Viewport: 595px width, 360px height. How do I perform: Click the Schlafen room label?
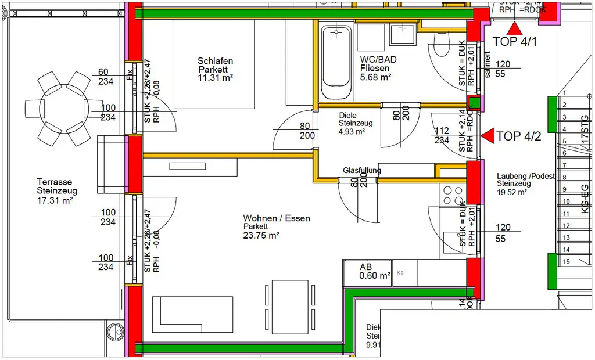tap(215, 61)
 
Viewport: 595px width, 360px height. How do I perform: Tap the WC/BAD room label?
tap(375, 60)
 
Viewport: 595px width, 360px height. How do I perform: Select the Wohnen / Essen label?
tap(277, 218)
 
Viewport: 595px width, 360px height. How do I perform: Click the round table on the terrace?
tap(57, 109)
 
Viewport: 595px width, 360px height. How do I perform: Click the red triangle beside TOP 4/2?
tap(487, 136)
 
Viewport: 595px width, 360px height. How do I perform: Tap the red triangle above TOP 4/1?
tap(514, 30)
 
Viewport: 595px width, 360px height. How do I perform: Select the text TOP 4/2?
tap(519, 136)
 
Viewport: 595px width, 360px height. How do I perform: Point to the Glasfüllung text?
tap(361, 171)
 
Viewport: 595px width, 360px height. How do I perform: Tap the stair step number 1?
tap(563, 93)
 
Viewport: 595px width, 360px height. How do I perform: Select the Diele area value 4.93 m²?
tap(352, 132)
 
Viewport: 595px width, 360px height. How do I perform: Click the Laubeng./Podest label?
tap(526, 176)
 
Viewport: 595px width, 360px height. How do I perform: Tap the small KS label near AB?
tap(400, 272)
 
